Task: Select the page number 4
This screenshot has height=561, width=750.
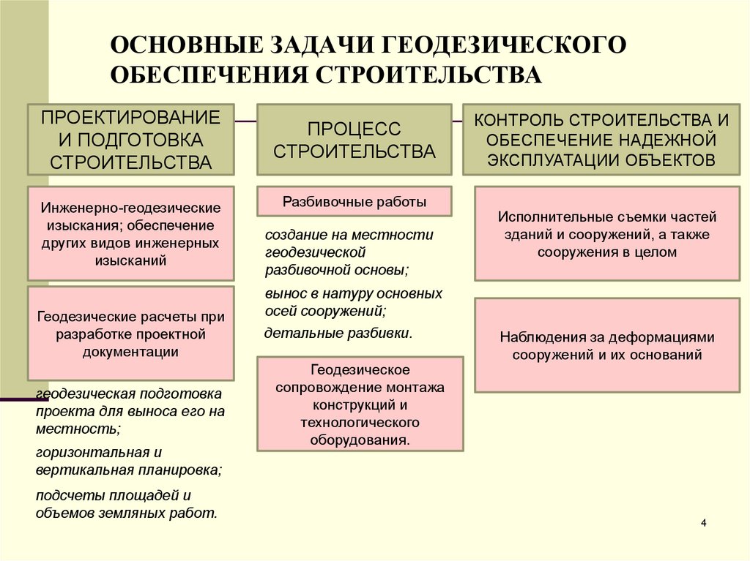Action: pyautogui.click(x=704, y=523)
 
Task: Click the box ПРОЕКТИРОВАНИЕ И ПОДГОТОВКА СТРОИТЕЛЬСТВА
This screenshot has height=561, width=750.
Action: pyautogui.click(x=131, y=139)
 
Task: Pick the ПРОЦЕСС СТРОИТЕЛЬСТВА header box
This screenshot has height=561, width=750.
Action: pyautogui.click(x=354, y=139)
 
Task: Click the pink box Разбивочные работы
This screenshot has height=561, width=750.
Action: pyautogui.click(x=354, y=201)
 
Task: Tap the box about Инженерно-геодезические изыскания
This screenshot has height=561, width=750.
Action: pyautogui.click(x=131, y=233)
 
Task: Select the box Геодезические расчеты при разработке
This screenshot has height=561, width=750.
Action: pyautogui.click(x=131, y=334)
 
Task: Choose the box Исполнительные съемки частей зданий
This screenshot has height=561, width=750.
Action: pyautogui.click(x=606, y=234)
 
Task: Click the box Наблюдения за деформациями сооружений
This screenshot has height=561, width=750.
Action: pyautogui.click(x=606, y=346)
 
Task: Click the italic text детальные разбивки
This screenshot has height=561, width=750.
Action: pyautogui.click(x=338, y=334)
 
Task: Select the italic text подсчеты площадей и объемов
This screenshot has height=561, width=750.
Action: pyautogui.click(x=126, y=503)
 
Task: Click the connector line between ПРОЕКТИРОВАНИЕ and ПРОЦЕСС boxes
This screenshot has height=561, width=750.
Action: pyautogui.click(x=245, y=119)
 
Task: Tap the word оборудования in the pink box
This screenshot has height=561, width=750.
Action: pyautogui.click(x=360, y=441)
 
